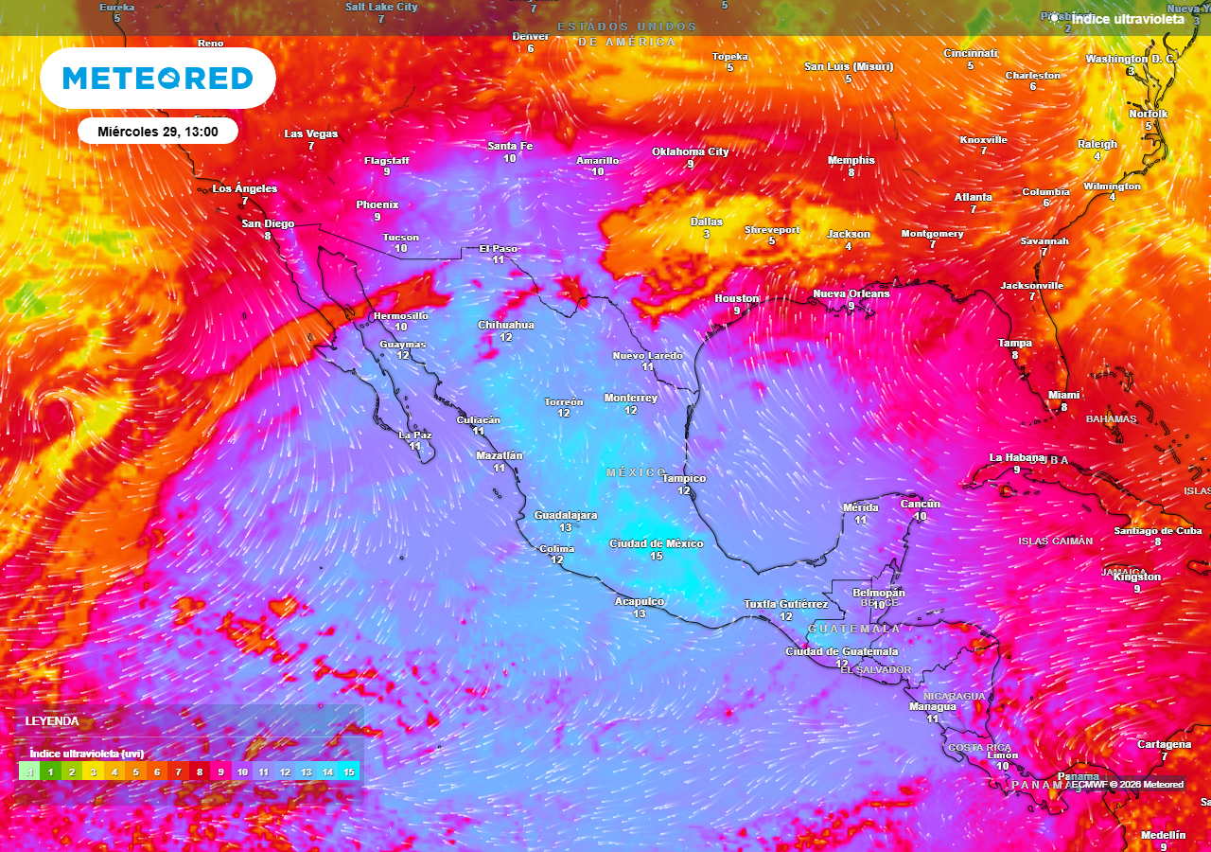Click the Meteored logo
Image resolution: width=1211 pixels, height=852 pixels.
[x=158, y=78]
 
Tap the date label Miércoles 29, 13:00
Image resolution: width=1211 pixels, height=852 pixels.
[x=158, y=132]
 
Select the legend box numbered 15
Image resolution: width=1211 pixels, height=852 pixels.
[x=349, y=772]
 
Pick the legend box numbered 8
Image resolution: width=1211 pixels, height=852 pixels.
[x=200, y=772]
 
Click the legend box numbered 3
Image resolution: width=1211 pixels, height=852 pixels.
[x=93, y=772]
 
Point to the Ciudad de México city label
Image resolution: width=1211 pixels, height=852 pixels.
[x=656, y=543]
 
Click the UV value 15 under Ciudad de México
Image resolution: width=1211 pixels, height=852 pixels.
[x=656, y=557]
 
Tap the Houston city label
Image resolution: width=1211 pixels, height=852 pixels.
[x=736, y=298]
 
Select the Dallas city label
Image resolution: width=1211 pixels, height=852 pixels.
[x=706, y=222]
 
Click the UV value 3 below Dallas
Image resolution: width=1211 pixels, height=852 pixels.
[x=706, y=234]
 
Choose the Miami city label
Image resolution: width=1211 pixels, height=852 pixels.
[x=1063, y=395]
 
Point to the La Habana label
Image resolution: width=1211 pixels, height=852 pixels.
[x=1017, y=457]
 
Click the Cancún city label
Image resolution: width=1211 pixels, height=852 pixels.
[x=920, y=504]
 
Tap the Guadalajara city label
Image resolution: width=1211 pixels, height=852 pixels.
[x=566, y=515]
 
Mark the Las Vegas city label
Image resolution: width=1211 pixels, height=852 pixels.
[x=310, y=133]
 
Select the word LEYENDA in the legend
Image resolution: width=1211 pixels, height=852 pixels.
[x=52, y=721]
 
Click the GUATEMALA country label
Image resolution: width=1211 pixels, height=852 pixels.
[x=853, y=629]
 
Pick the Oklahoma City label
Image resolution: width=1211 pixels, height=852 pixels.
[x=691, y=151]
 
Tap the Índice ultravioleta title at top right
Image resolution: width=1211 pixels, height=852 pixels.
[x=1127, y=18]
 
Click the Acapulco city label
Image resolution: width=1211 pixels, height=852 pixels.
[x=640, y=601]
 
